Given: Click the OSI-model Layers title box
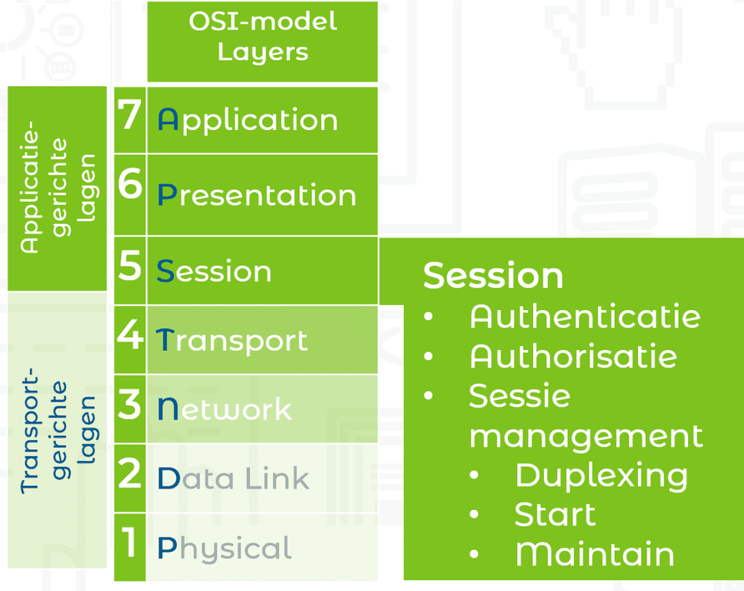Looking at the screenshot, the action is [262, 41].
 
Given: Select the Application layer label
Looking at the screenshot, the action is [248, 120].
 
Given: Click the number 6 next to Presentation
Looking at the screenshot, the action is [130, 183].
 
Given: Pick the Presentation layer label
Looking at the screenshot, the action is [256, 195].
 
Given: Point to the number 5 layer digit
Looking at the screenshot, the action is [130, 266].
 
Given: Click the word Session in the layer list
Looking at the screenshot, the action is [214, 271].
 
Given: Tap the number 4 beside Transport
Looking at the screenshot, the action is [130, 335].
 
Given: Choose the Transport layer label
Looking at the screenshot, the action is [232, 341].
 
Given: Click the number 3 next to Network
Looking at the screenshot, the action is [129, 404].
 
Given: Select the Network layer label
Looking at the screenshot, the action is [225, 409].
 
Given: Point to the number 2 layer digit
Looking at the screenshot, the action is [129, 473].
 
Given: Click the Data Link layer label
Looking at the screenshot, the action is [233, 478].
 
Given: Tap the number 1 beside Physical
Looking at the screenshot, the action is [128, 542].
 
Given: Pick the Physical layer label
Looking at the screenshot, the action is [224, 549].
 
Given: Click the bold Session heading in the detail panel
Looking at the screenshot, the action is [493, 275].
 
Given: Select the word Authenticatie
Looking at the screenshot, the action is [585, 317].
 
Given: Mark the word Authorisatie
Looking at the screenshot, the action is [573, 356].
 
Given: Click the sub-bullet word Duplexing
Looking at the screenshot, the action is [602, 476].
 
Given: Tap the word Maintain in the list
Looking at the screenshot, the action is [595, 555].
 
